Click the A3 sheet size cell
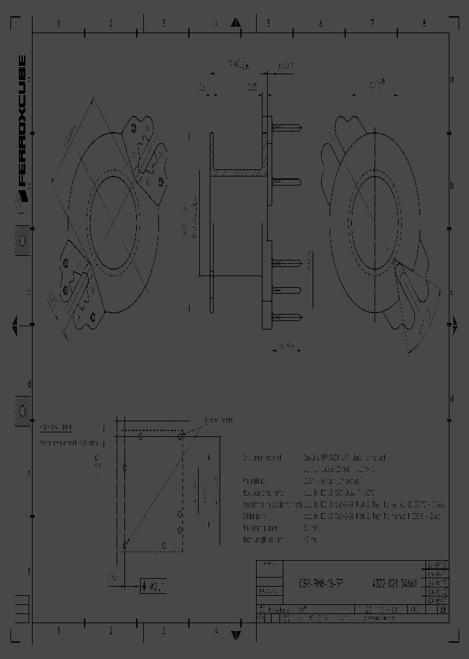442,611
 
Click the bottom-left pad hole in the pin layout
124,545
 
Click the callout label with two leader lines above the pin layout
212,421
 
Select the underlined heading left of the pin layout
55,428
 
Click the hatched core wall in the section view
237,173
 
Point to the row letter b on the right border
451,186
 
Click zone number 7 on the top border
373,23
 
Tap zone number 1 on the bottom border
59,630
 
